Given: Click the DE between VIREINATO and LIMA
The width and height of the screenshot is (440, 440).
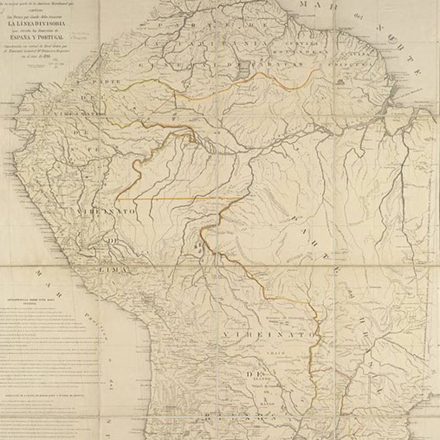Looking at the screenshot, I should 113,241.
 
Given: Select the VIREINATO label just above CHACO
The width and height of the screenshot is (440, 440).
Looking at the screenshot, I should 270,334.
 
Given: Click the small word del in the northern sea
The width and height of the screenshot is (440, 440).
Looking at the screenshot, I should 357,15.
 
